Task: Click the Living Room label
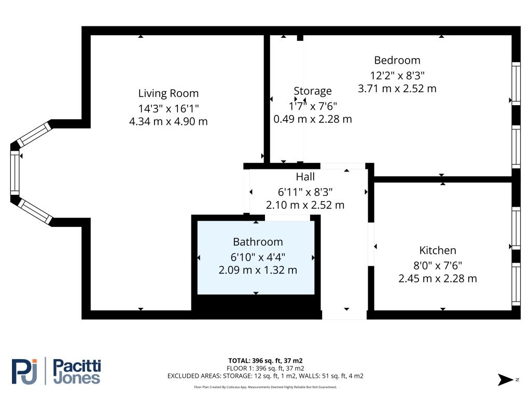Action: tap(168, 93)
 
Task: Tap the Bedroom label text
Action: tap(397, 60)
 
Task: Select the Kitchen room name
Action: tap(438, 250)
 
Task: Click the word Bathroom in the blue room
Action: tap(258, 241)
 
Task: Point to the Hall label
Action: tap(305, 177)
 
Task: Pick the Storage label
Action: tap(312, 91)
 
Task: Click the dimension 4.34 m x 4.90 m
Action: tap(168, 122)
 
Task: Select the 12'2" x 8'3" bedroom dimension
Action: tap(397, 75)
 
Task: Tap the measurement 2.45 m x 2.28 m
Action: tap(438, 279)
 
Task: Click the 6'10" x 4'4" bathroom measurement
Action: tap(258, 256)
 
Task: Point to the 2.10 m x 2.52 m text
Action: tap(305, 205)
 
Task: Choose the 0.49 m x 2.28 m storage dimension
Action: tap(313, 119)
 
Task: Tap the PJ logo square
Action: tap(24, 371)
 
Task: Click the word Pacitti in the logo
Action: tap(77, 366)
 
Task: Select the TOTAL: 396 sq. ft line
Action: tap(265, 360)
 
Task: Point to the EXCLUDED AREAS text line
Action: tap(265, 376)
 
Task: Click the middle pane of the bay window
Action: tap(15, 171)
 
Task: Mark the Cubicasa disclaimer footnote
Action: tap(265, 387)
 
